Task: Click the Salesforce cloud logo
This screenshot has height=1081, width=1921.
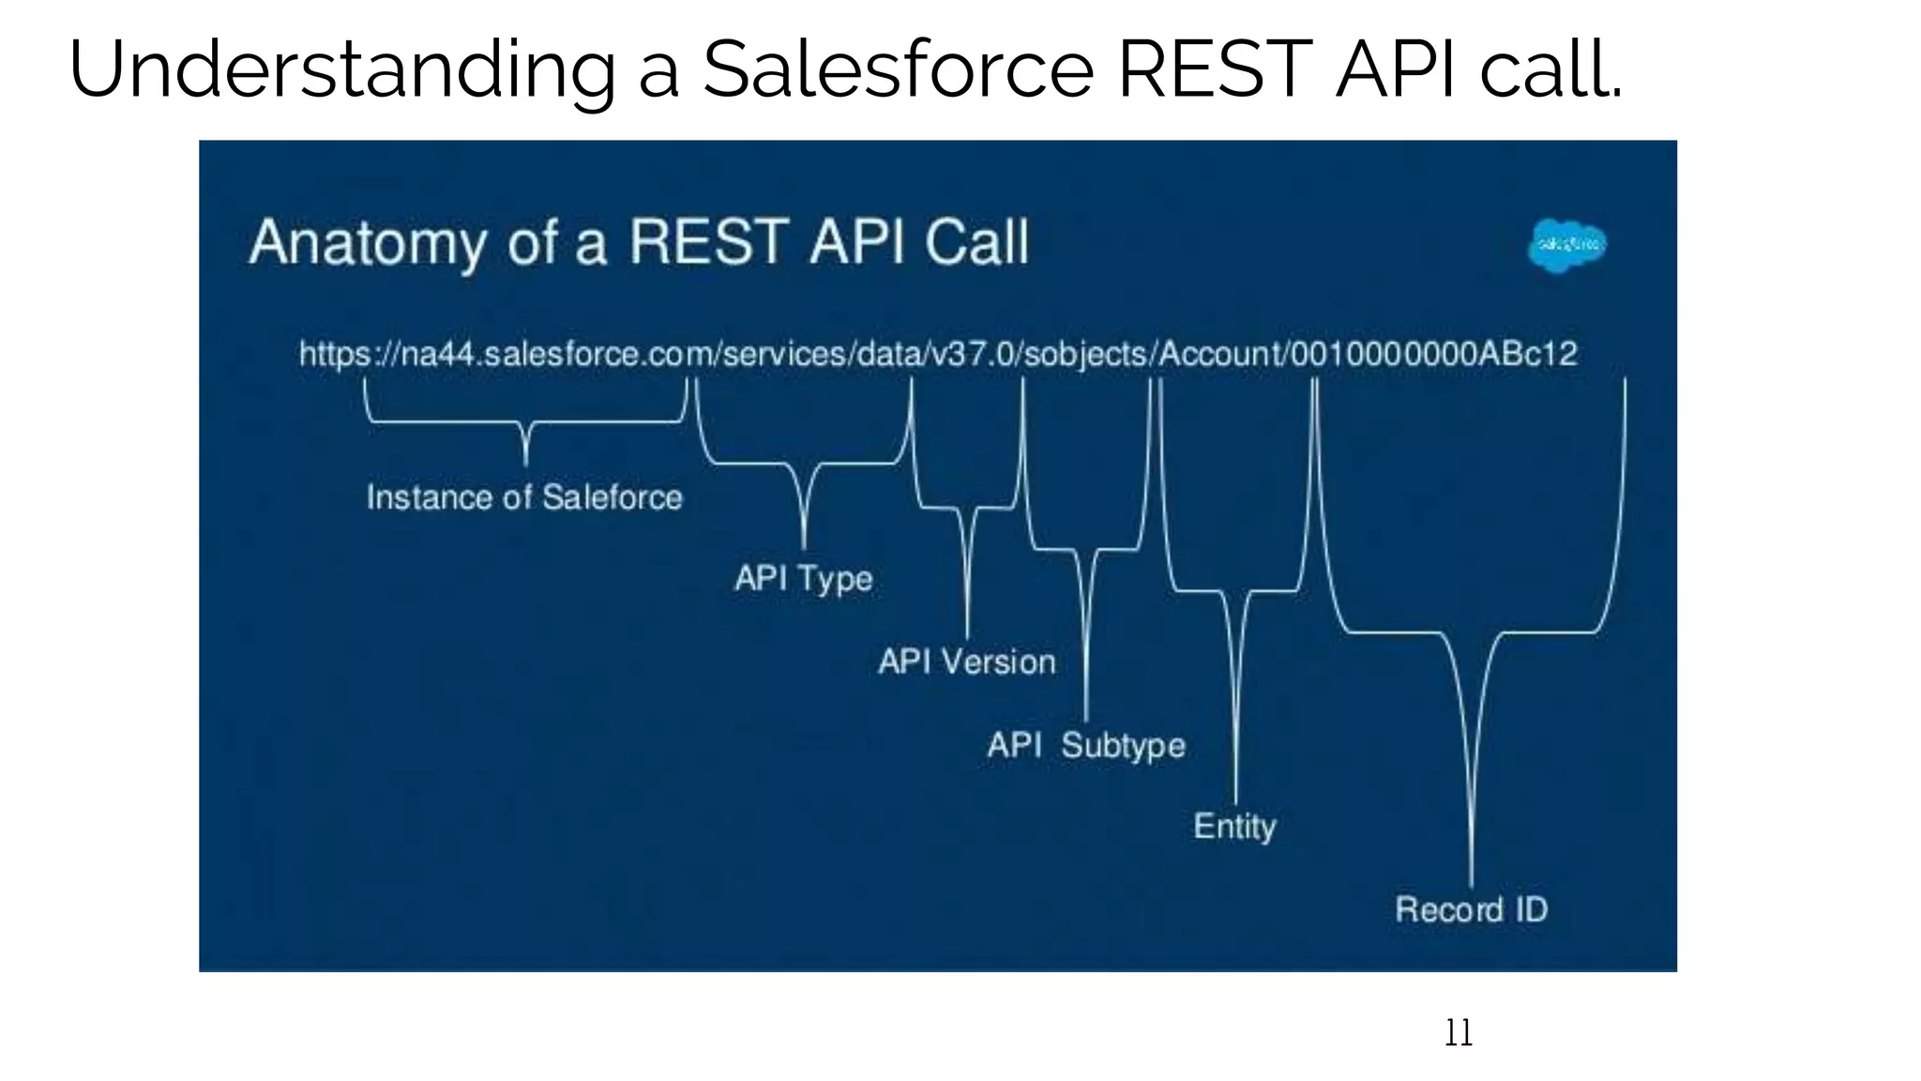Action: pyautogui.click(x=1567, y=246)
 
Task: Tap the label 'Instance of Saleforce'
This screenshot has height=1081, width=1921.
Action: pyautogui.click(x=524, y=497)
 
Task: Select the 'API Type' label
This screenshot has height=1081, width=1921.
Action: pyautogui.click(x=803, y=578)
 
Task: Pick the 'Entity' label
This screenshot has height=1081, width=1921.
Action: pyautogui.click(x=1234, y=827)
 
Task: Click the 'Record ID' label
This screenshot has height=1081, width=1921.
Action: pyautogui.click(x=1471, y=909)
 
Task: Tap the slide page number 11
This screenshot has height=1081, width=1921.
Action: pyautogui.click(x=1458, y=1033)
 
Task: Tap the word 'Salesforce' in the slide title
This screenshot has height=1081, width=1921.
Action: pyautogui.click(x=898, y=70)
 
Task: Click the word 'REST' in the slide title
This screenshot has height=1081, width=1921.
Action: pyautogui.click(x=1217, y=70)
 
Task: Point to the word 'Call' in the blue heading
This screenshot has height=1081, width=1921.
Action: pyautogui.click(x=976, y=243)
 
